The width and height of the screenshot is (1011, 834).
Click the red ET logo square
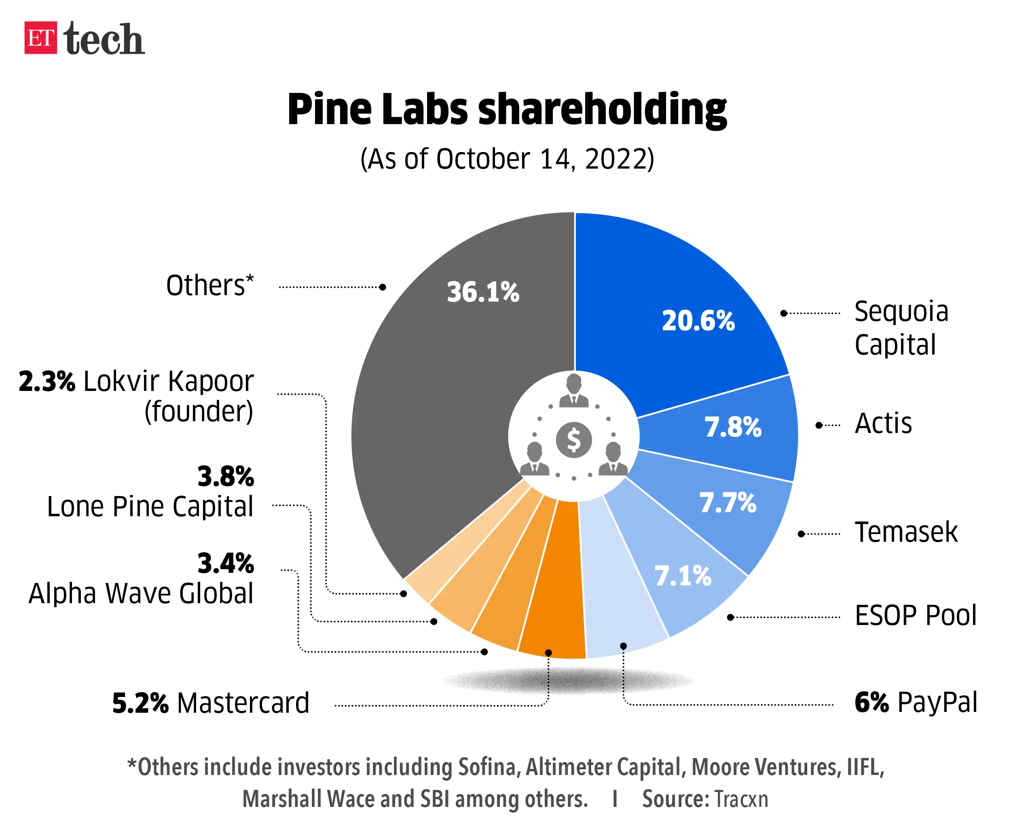40,38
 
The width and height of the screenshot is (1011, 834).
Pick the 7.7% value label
727,503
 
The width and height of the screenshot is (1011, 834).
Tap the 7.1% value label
682,576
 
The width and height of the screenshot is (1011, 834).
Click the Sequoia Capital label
901,327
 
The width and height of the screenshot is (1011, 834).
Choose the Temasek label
905,532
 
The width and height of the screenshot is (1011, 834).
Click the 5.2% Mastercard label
210,703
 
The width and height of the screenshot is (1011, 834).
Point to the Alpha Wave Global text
140,593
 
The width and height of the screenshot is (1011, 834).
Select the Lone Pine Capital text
150,507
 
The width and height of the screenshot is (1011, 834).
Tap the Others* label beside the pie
209,285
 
